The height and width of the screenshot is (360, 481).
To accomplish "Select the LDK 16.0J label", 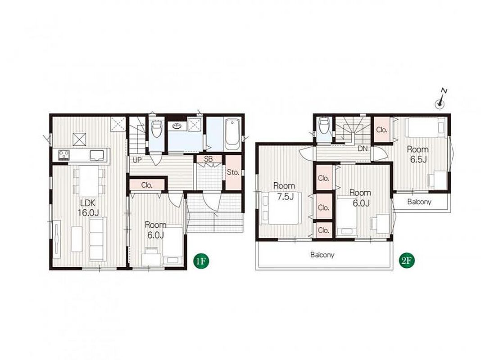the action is [x=88, y=207].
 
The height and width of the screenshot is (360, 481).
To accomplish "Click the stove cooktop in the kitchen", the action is [x=64, y=154].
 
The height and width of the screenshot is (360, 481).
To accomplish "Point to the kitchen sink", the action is [x=97, y=155].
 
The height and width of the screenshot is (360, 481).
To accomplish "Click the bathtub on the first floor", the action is [x=232, y=135].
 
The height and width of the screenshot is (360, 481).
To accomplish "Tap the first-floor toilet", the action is [x=157, y=130].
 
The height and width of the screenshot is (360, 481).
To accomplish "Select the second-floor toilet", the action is [x=324, y=125].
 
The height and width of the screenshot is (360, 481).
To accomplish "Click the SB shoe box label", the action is [x=208, y=159].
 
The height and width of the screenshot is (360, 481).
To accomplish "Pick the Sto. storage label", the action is [x=233, y=172].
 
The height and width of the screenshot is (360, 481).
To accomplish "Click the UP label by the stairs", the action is [x=137, y=160].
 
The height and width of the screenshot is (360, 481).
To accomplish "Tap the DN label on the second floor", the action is [x=363, y=148].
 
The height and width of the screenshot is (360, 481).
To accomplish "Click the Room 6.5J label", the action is [x=417, y=154].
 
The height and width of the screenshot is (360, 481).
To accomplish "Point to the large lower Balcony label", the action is [x=322, y=255].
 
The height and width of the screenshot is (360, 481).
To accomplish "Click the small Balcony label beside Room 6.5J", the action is [x=419, y=202].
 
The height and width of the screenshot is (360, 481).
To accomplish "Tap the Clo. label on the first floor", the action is [x=147, y=185].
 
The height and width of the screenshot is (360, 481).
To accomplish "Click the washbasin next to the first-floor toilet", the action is [x=177, y=126].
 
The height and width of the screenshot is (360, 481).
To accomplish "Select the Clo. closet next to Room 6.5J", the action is [x=381, y=130].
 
